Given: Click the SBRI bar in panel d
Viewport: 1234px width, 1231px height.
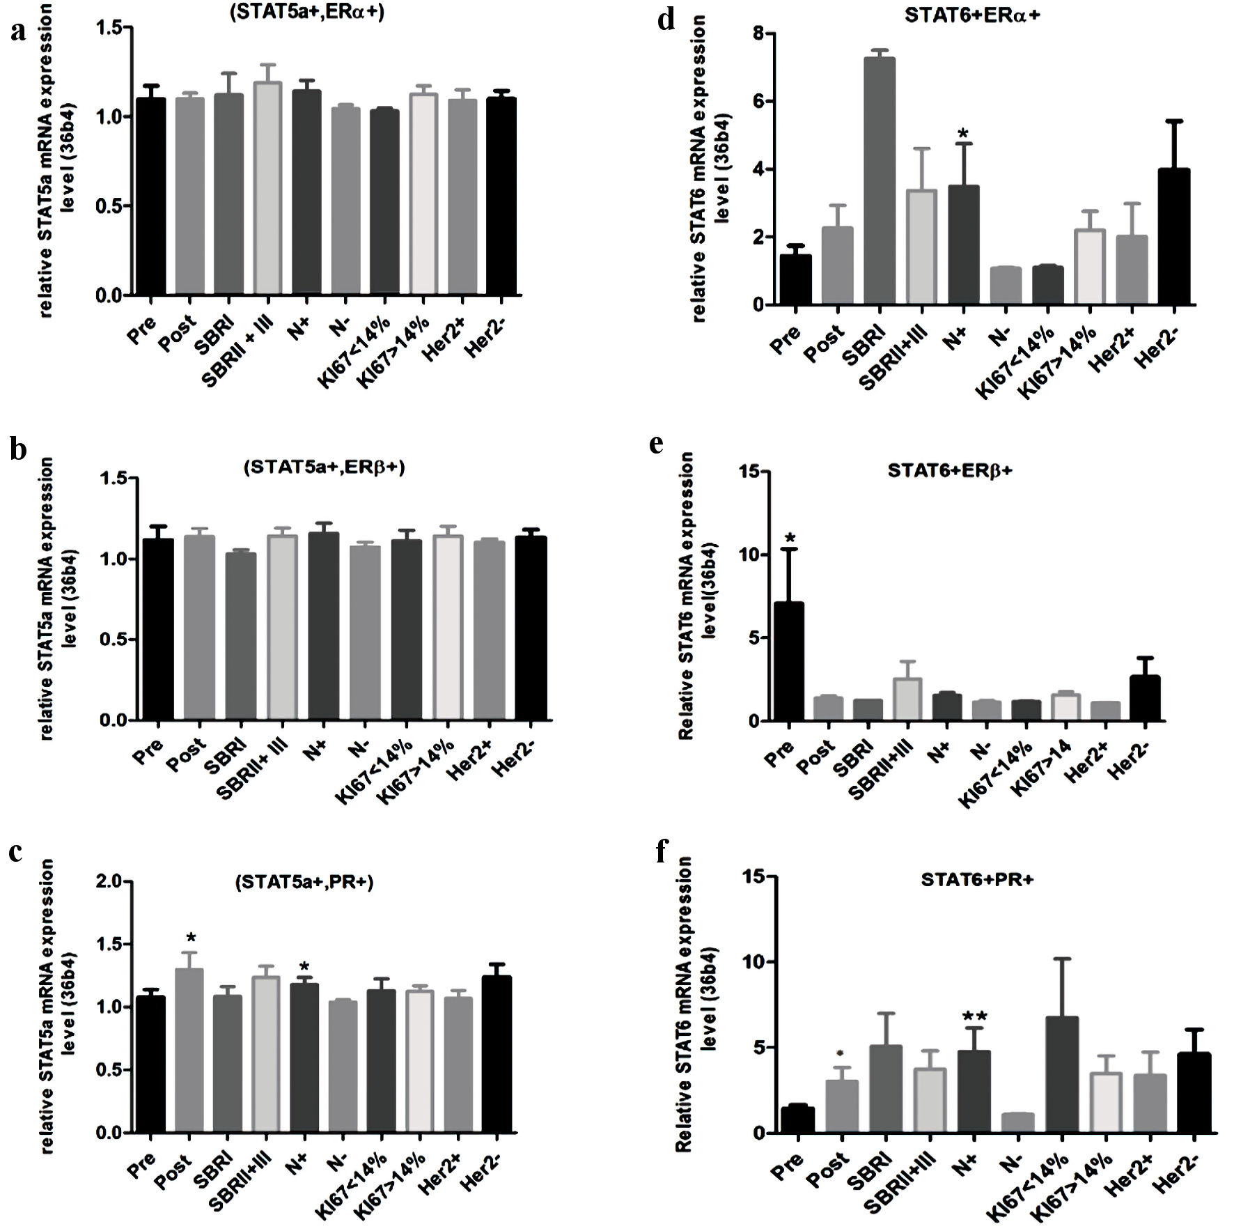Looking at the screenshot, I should click(x=880, y=181).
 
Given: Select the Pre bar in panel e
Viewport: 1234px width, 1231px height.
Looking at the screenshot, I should click(x=788, y=662).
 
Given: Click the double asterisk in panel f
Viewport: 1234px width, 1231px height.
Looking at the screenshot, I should click(x=974, y=1018).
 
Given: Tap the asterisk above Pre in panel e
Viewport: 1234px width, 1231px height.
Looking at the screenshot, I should click(x=789, y=539).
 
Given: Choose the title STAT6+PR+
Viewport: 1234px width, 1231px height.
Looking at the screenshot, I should click(x=976, y=880).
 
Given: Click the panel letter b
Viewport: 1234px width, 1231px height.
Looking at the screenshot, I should click(x=18, y=449).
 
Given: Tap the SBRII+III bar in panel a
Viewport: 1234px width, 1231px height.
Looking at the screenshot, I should click(x=267, y=188).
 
